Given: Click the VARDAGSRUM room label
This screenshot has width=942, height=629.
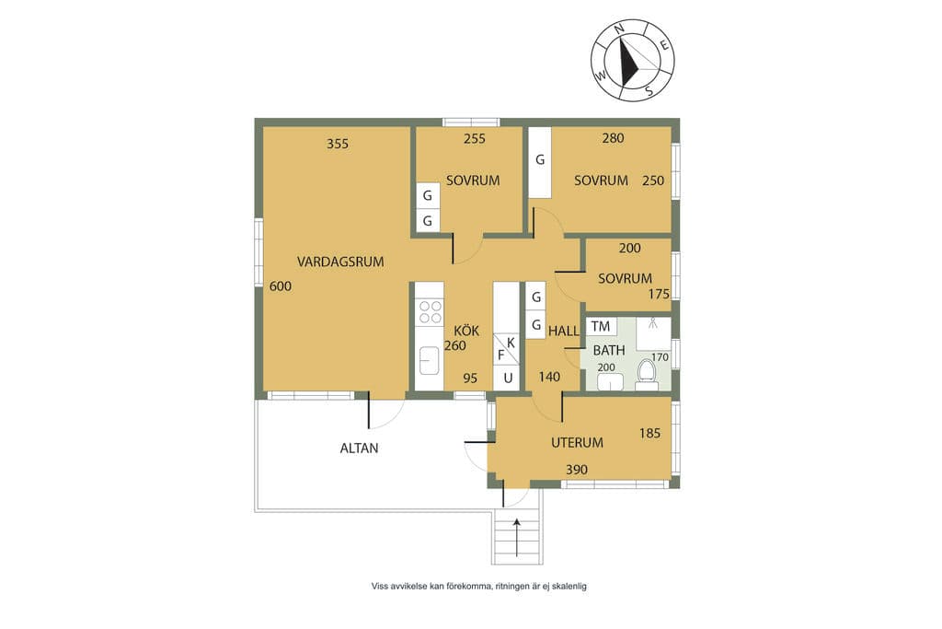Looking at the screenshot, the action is point(340,262).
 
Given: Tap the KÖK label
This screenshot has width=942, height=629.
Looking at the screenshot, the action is point(466,330).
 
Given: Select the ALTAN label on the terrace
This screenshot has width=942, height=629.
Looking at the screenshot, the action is point(360,448).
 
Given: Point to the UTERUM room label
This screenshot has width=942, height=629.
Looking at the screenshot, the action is point(578,443).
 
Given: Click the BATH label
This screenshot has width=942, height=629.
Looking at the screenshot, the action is point(609,350).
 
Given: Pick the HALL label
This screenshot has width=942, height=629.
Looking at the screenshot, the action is point(564,330).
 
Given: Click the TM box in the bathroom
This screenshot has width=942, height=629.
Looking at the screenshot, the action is point(601,327).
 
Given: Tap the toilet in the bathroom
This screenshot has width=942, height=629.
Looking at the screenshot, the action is point(647,373).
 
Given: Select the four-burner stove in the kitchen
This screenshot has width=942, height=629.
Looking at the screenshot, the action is point(431,312).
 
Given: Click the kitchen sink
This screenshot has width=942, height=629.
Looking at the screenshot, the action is point(430,360).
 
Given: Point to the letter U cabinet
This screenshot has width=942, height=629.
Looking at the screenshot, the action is point(508,379).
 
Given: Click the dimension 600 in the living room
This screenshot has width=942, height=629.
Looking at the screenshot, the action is point(281,286).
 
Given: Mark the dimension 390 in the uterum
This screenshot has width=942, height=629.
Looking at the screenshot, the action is point(577,470).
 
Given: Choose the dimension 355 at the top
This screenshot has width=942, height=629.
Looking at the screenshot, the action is point(338,144).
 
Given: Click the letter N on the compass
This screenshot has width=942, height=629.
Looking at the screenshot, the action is point(620,29).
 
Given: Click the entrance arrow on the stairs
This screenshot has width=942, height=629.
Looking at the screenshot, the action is point(517,539).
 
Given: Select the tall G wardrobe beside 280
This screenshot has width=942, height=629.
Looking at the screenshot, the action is point(540,162).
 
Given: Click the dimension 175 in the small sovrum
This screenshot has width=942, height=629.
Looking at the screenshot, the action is point(659,294).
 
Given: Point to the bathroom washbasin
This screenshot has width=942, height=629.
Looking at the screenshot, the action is point(610,381).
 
